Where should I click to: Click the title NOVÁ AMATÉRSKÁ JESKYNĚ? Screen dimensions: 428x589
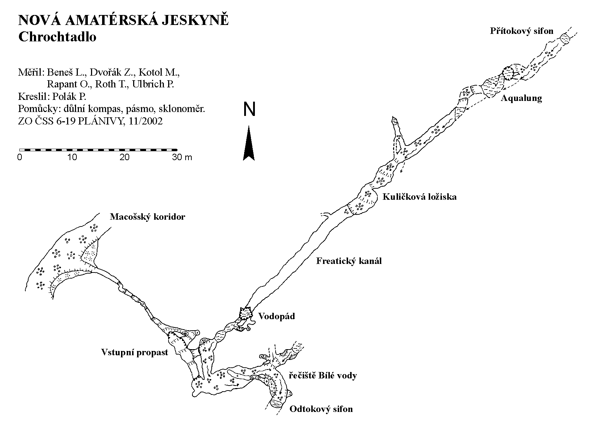click(123, 21)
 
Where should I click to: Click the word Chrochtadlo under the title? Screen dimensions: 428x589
click(57, 37)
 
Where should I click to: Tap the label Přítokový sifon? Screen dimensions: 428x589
click(522, 31)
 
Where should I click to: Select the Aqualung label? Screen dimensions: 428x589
click(521, 98)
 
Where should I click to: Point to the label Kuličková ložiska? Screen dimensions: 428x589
click(419, 197)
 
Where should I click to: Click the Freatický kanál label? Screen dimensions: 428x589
click(349, 261)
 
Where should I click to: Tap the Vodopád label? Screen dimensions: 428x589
click(277, 316)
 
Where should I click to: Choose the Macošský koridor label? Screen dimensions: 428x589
click(147, 217)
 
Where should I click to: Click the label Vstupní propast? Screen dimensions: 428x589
click(135, 353)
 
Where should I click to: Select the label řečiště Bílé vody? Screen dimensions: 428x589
click(323, 375)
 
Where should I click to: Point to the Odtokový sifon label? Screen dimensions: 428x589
click(321, 409)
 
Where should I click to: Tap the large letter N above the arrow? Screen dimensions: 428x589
click(249, 109)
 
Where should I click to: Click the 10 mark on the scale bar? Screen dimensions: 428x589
click(72, 157)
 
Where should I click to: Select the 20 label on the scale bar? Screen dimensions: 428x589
click(125, 157)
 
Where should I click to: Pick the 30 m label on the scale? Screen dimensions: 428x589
click(182, 157)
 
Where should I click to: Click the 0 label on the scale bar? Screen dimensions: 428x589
click(20, 157)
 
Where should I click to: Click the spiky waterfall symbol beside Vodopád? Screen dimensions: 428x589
click(245, 314)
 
